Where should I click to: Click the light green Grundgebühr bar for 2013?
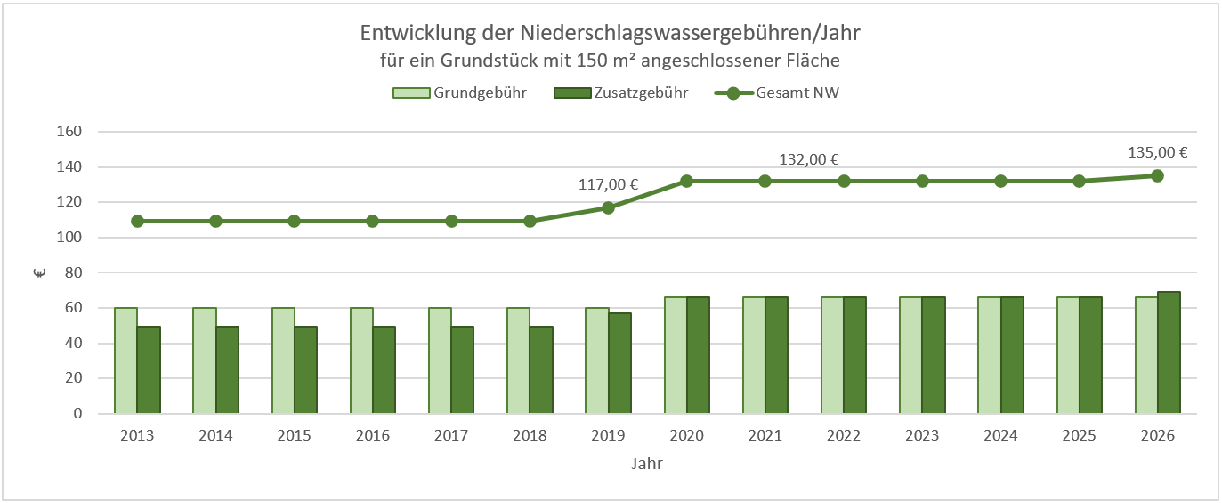[126, 361]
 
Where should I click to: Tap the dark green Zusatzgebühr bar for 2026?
[1169, 353]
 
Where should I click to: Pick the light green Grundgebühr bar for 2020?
[676, 355]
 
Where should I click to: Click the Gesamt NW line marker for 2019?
[608, 207]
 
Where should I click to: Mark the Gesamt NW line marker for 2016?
[373, 221]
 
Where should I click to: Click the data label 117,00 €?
[608, 185]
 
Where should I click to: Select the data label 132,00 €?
[810, 160]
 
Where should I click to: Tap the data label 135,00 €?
[1157, 152]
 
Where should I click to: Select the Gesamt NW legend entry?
[797, 93]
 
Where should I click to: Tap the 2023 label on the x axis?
[922, 436]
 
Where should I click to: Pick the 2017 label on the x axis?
[451, 436]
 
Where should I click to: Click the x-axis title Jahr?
[647, 464]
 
